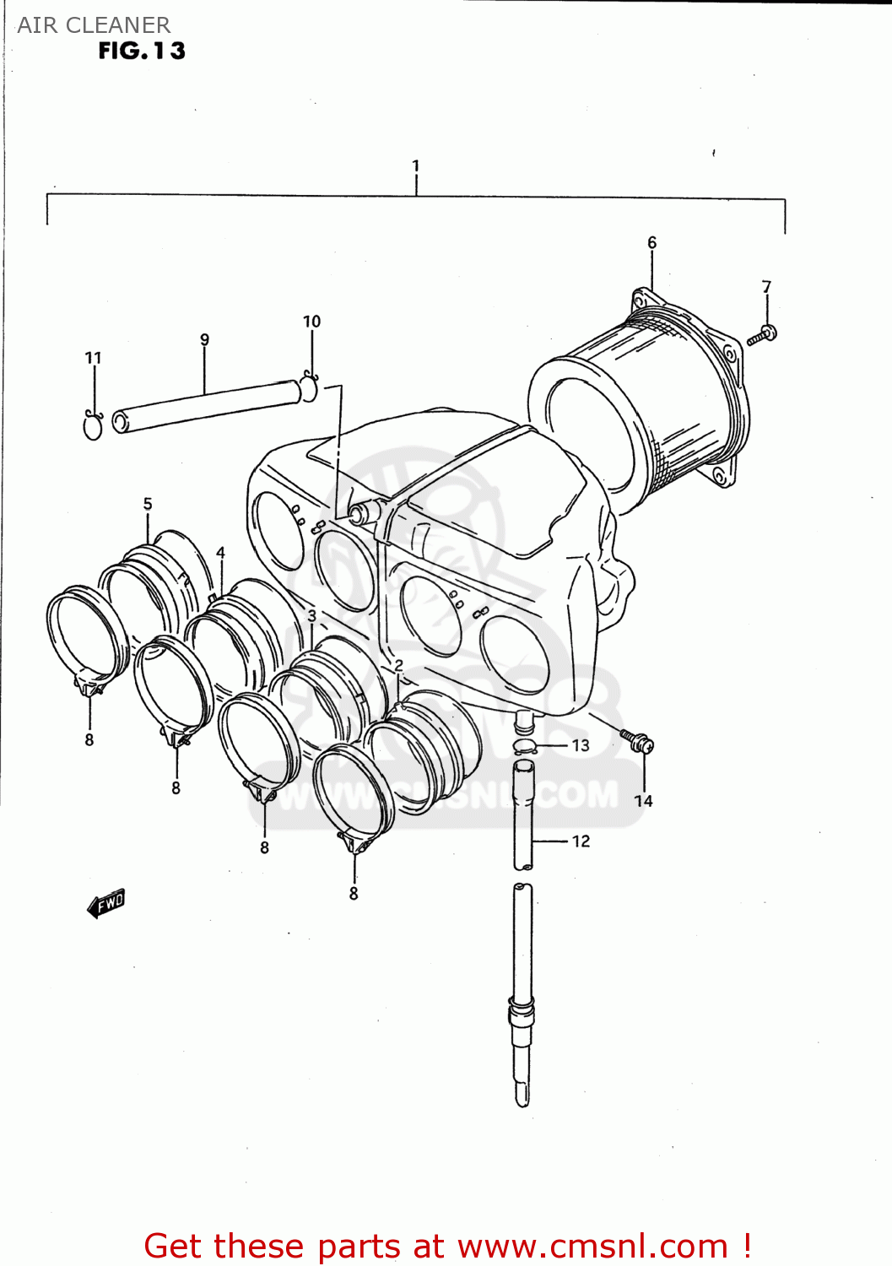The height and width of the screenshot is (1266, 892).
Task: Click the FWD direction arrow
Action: coord(106,903)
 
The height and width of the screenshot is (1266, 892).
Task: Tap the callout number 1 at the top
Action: coord(415,166)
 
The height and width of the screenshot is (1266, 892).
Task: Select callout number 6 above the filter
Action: coord(651,243)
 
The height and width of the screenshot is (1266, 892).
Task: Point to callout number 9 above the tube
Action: coord(204,340)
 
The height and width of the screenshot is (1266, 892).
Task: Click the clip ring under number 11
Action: coord(93,425)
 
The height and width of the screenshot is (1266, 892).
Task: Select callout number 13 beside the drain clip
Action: coord(581,745)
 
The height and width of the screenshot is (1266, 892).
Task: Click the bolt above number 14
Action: coord(637,741)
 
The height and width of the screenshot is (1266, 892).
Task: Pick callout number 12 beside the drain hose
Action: coord(581,841)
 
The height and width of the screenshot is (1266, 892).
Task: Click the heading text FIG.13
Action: coord(142,51)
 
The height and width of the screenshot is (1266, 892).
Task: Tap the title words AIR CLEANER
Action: coord(94,24)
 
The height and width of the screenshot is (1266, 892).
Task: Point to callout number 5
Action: coord(148,504)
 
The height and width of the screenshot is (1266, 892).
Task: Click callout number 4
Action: coord(220,553)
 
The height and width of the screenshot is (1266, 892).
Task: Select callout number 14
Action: coord(643,801)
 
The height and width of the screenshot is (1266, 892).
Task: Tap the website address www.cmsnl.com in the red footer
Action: coord(592,1246)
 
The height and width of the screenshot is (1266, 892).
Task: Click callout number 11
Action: coord(93,358)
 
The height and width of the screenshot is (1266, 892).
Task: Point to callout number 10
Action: coord(311,322)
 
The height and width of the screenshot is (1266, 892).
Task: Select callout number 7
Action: coord(766,287)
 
